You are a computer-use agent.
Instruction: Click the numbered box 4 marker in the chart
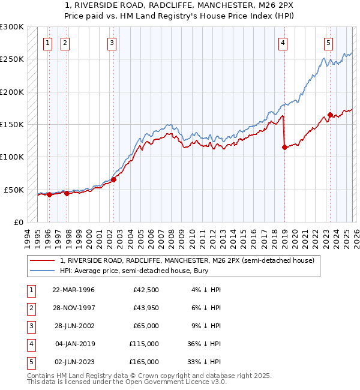click(283, 43)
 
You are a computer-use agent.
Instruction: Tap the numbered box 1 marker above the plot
click(47, 43)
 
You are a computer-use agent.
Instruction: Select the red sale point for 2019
click(284, 148)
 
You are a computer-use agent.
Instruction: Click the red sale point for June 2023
click(329, 115)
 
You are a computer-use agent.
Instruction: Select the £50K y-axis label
click(14, 190)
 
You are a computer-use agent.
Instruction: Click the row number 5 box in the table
click(31, 362)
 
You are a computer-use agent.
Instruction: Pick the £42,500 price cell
click(146, 290)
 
